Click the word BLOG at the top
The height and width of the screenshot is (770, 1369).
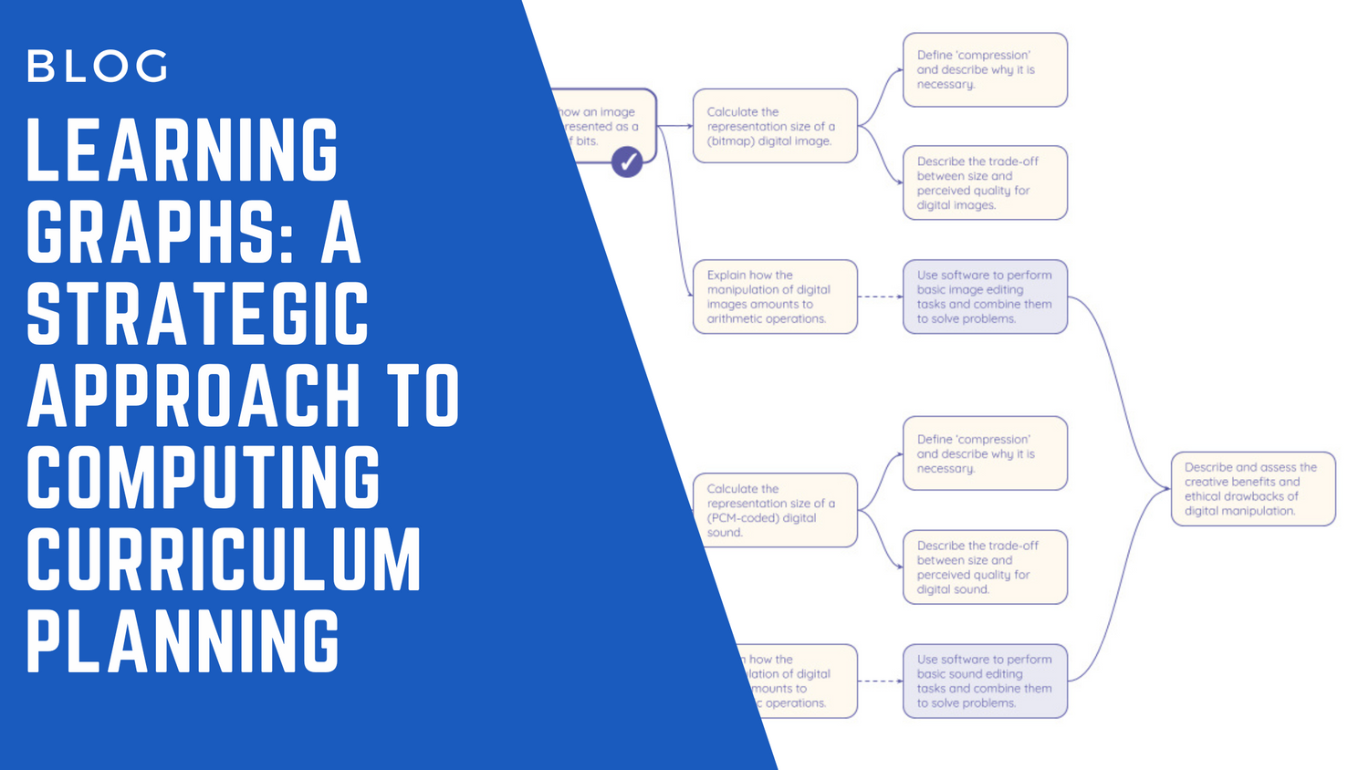(x=98, y=66)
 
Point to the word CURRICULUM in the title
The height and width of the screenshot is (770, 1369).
(x=224, y=559)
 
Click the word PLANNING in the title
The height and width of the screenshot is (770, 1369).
(x=183, y=641)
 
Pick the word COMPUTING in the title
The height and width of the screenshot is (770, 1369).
(x=203, y=477)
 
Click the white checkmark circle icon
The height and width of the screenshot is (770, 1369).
(x=627, y=162)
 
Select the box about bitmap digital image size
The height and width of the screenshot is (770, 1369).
(x=775, y=126)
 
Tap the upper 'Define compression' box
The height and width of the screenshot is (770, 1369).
(x=985, y=70)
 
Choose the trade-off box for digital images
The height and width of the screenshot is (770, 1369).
(x=985, y=182)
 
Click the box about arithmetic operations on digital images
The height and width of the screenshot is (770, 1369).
(x=775, y=297)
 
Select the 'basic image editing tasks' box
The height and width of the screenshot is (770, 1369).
(x=985, y=297)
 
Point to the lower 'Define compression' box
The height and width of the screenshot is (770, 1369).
(x=985, y=453)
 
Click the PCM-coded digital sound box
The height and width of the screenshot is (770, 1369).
(x=775, y=510)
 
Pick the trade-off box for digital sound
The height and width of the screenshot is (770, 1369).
(x=985, y=567)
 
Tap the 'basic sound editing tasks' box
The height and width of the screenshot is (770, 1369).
(x=985, y=681)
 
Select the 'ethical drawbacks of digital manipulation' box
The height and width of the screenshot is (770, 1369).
(x=1252, y=489)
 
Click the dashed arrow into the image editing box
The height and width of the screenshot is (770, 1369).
(x=880, y=297)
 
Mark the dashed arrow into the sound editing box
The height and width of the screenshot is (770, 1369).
(x=880, y=681)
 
